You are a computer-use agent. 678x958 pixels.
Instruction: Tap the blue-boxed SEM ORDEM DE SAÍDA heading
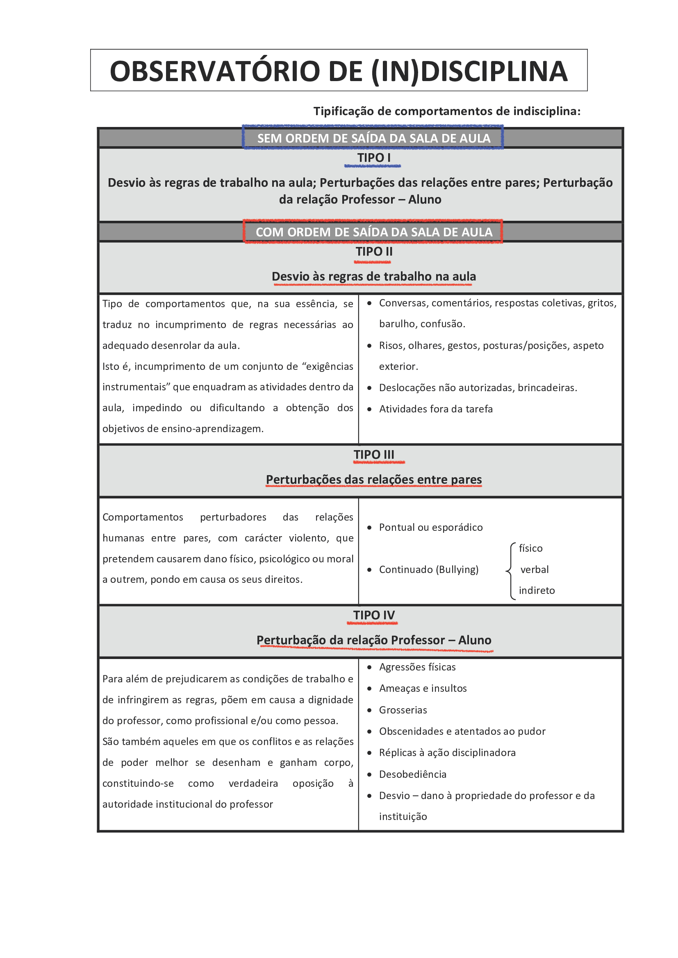click(373, 138)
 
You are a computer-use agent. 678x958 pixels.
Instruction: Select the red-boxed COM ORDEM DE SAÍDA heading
click(374, 232)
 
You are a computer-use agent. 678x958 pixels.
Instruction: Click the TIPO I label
click(374, 158)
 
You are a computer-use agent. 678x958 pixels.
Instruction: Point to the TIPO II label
click(374, 251)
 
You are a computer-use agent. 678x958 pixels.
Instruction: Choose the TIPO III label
click(374, 454)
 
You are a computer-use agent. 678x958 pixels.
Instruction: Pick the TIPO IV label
click(374, 615)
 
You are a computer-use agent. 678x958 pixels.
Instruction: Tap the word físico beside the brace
click(530, 548)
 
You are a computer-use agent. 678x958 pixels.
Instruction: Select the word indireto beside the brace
click(537, 591)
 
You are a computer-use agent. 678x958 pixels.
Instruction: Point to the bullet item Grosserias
click(403, 710)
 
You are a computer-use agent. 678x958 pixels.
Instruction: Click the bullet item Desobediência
click(412, 774)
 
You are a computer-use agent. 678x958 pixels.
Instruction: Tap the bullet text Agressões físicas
click(417, 667)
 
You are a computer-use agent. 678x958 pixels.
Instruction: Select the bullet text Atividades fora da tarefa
click(435, 409)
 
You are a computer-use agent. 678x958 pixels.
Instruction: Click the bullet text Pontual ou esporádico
click(430, 528)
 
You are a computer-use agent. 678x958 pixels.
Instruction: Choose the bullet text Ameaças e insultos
click(423, 688)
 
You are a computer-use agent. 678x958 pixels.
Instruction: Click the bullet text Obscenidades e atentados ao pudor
click(462, 731)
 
